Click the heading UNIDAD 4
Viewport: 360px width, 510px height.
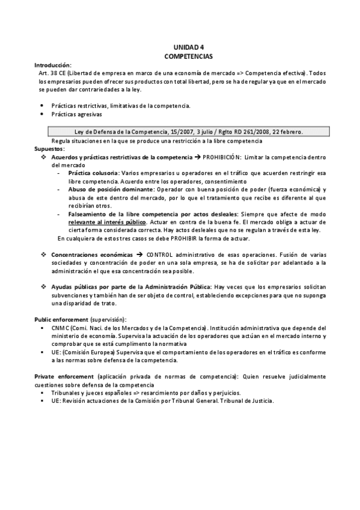(189, 47)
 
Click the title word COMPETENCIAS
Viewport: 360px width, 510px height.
(189, 55)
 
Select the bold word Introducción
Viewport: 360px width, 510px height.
(52, 64)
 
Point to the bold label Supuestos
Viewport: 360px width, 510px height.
(49, 149)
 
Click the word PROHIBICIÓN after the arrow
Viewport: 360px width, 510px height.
(222, 156)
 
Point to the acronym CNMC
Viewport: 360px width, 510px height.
(62, 327)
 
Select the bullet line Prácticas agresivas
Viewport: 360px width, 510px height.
(76, 114)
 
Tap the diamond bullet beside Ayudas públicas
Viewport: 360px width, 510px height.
(44, 287)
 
